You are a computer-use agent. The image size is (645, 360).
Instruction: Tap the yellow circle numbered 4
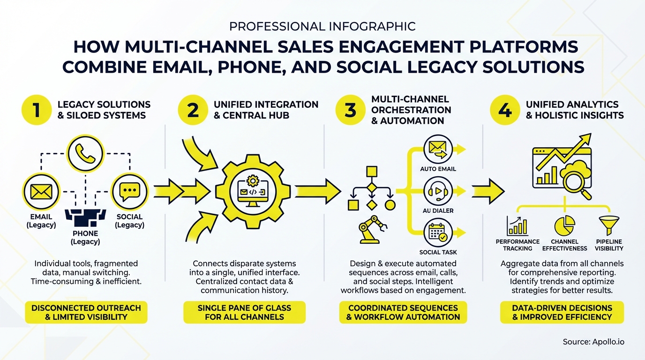[504, 110]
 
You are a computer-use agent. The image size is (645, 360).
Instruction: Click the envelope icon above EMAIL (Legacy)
[40, 191]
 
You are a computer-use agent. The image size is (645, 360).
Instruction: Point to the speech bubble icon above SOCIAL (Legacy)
[129, 191]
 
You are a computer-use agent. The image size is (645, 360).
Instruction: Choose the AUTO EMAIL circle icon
[438, 150]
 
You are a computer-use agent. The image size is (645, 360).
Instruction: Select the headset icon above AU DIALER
[438, 191]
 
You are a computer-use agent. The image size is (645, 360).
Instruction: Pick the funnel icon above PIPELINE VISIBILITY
[608, 225]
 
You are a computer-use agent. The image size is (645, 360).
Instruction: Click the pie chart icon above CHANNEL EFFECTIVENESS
[565, 225]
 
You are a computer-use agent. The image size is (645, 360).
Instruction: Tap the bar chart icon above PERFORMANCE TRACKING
[517, 225]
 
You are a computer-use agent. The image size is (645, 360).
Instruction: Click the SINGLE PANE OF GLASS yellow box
[244, 312]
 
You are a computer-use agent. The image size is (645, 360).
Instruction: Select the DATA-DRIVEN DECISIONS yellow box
[562, 312]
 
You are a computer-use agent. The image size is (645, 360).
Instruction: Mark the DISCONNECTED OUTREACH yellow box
[86, 312]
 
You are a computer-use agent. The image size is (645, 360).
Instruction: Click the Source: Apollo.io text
[593, 342]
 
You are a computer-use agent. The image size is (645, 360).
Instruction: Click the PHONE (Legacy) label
[85, 238]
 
